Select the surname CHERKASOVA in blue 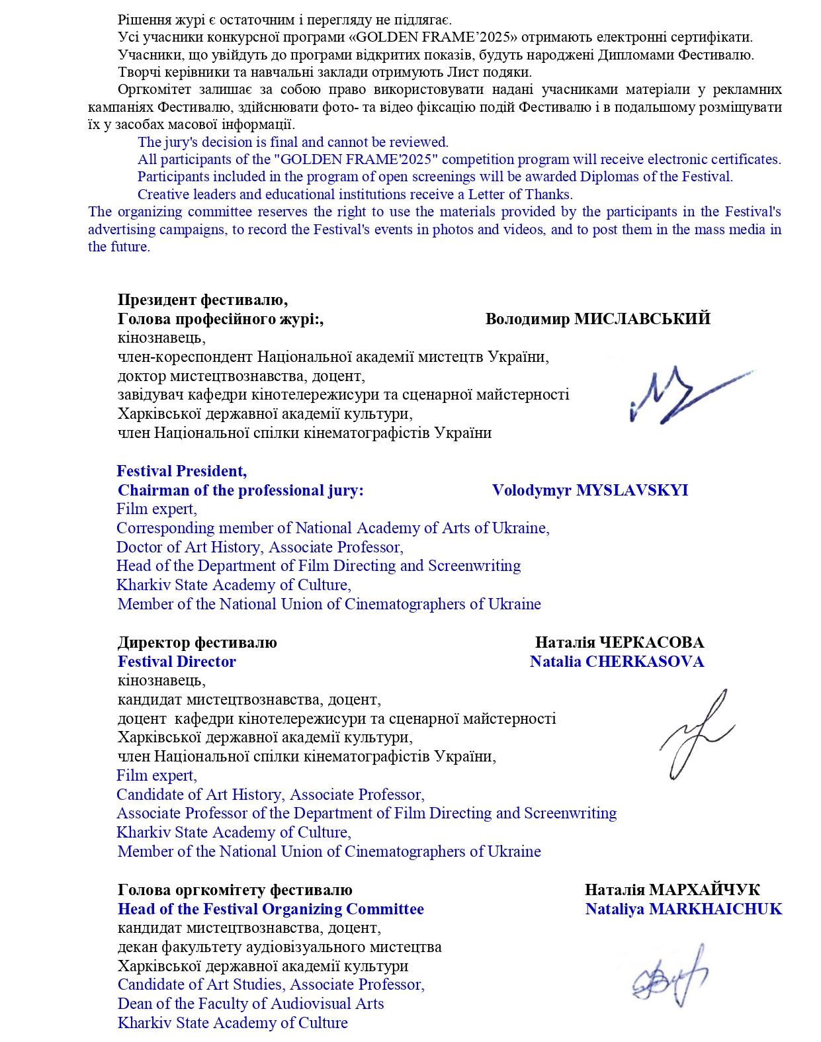point(644,662)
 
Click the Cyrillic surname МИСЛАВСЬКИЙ point(642,319)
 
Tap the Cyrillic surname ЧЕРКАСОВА point(651,642)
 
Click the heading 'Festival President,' point(181,471)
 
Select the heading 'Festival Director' point(177,662)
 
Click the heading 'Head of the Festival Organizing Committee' point(271,909)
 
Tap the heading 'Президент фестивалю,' point(202,300)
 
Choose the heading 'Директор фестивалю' point(197,642)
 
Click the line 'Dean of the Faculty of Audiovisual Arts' point(251,1004)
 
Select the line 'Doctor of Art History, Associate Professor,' point(259,547)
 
